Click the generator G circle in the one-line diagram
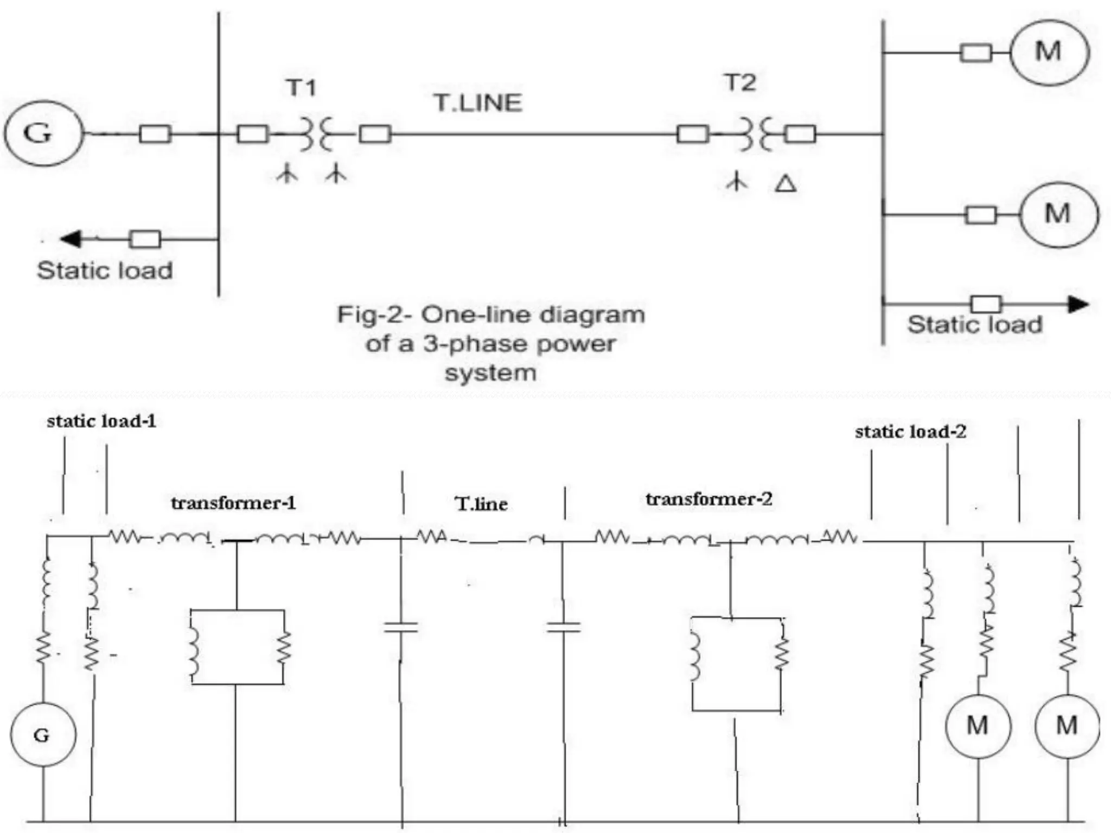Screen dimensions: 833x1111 43,133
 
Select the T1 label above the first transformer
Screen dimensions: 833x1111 301,87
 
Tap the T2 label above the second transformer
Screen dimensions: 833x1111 740,82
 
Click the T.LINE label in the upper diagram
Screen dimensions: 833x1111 478,103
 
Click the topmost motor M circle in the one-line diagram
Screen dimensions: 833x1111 1049,53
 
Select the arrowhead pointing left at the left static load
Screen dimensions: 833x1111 71,239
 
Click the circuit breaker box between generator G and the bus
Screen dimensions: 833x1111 155,133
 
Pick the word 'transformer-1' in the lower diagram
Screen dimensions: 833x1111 234,503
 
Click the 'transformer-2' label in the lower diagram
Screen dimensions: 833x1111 708,499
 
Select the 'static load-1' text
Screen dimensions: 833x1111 101,421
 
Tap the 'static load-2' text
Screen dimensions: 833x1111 910,432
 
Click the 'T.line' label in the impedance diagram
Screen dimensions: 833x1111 481,504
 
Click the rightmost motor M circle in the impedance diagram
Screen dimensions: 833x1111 1067,726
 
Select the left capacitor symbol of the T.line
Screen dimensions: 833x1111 401,627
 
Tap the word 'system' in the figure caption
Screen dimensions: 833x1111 490,373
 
